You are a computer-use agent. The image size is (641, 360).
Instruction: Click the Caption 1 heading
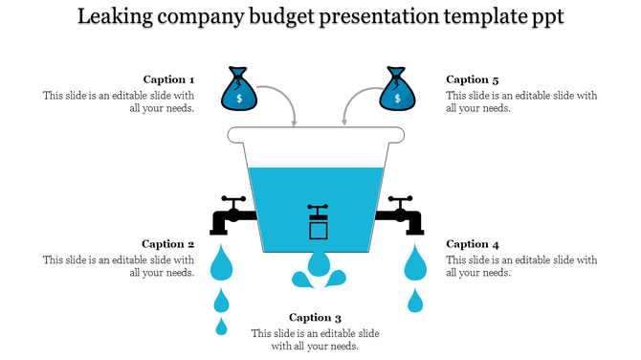[169, 80]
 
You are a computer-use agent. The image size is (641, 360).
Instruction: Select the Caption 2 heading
[168, 244]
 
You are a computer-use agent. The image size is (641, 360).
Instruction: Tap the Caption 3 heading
[316, 318]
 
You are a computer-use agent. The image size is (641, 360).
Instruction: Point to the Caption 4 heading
[473, 244]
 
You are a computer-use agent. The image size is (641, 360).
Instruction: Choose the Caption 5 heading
[473, 80]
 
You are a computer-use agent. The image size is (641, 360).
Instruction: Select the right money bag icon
[398, 89]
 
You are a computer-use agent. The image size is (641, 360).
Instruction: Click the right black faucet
[404, 215]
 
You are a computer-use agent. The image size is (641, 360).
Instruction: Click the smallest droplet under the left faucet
[222, 327]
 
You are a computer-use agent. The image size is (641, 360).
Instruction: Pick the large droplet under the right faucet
[415, 262]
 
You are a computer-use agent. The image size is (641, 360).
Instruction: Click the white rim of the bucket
[318, 135]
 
